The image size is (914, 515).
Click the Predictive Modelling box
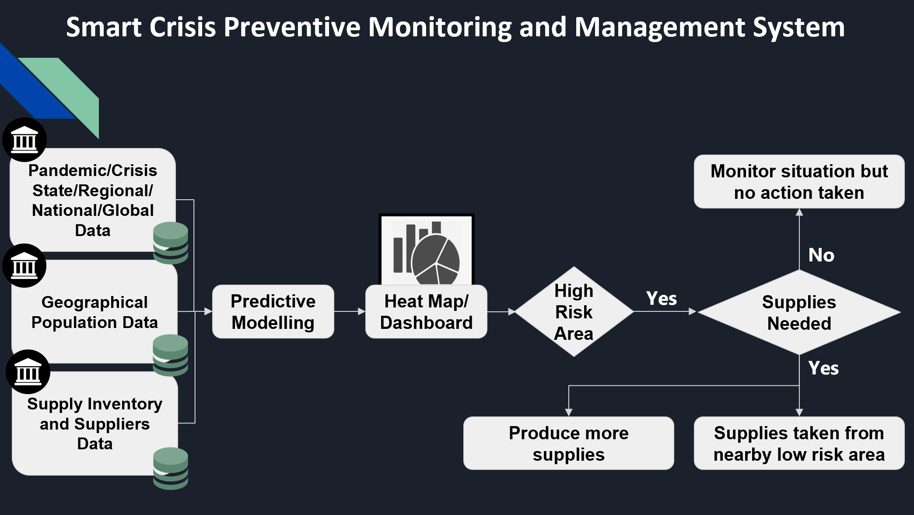[x=273, y=312]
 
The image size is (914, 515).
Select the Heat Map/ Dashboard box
[x=426, y=312]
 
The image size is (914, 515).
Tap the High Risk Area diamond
[x=574, y=312]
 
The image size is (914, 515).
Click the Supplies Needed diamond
[x=799, y=312]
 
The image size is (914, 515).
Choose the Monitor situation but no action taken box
[x=799, y=181]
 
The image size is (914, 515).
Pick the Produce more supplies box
[x=568, y=443]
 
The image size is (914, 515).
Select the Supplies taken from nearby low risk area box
[x=799, y=443]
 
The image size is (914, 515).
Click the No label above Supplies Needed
[x=821, y=255]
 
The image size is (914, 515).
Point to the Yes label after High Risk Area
[x=661, y=299]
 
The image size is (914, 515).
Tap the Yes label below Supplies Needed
[x=823, y=368]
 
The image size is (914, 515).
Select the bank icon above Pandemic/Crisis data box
[x=25, y=140]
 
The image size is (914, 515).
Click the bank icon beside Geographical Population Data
[x=25, y=266]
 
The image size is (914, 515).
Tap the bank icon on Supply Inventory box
[x=28, y=372]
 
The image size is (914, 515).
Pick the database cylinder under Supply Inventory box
[x=171, y=468]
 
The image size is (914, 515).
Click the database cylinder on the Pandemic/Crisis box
[x=171, y=243]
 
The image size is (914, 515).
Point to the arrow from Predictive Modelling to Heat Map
[x=350, y=311]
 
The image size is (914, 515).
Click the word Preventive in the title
[x=292, y=27]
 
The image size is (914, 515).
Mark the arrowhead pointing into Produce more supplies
[x=568, y=412]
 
